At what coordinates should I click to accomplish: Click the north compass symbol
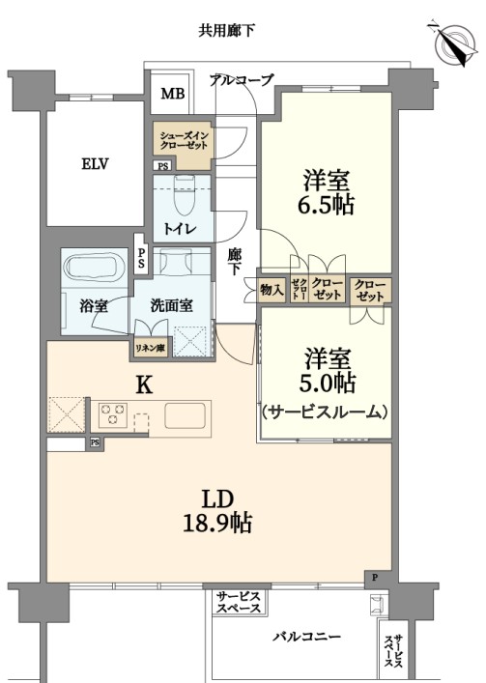[x=455, y=42]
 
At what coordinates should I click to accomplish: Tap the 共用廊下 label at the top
[x=226, y=31]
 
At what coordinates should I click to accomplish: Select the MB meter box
[x=172, y=93]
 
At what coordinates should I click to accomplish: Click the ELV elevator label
[x=95, y=164]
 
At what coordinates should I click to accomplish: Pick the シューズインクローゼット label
[x=184, y=140]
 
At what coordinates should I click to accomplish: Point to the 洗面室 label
[x=172, y=305]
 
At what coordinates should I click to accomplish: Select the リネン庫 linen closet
[x=150, y=349]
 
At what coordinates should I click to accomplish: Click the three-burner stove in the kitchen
[x=113, y=413]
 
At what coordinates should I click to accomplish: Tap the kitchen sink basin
[x=185, y=415]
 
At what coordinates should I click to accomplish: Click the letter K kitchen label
[x=145, y=385]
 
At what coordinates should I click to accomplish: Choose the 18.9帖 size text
[x=217, y=523]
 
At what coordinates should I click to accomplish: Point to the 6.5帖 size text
[x=326, y=205]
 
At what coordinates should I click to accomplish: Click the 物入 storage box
[x=272, y=290]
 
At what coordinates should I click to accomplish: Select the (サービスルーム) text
[x=326, y=412]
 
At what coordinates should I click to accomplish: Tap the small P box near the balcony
[x=374, y=579]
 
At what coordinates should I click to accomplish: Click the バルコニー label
[x=307, y=637]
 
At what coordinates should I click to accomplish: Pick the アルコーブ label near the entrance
[x=242, y=79]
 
